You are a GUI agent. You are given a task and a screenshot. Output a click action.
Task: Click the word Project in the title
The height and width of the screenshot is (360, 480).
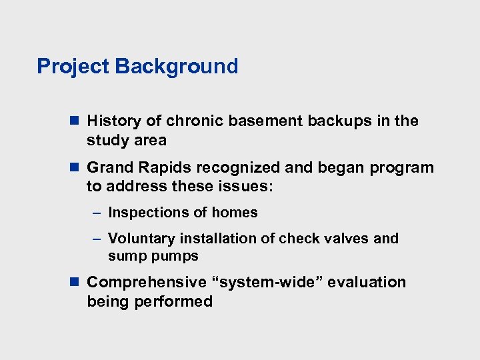point(73,67)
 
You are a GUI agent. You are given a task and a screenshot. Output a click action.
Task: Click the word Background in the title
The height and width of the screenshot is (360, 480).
point(176,67)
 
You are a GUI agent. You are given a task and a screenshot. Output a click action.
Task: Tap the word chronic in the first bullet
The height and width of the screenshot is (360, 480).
point(191,121)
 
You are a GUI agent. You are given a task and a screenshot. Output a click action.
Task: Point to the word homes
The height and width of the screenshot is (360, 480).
point(235,213)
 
